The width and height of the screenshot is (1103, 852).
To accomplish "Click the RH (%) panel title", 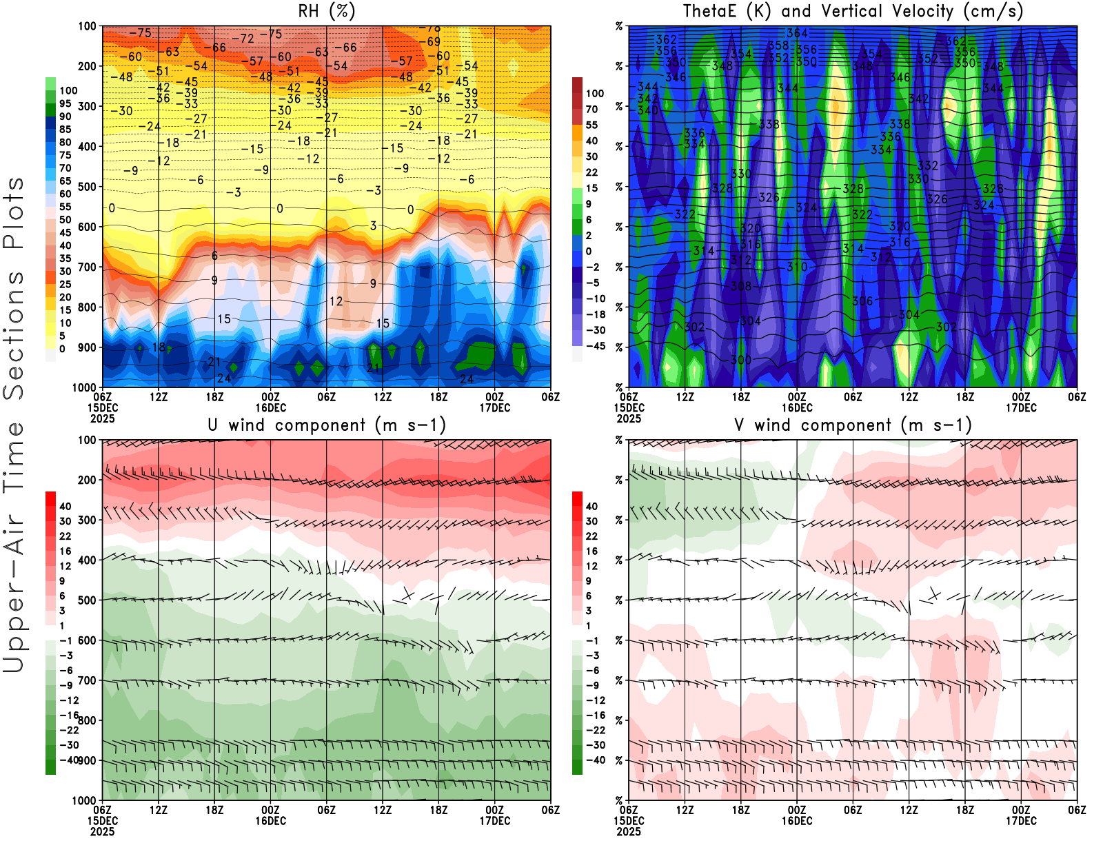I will click(327, 11).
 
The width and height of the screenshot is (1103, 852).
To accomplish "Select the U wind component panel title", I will click(327, 425).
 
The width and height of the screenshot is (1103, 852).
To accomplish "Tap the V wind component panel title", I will click(853, 425).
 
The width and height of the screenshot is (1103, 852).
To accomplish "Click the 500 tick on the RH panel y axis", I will click(88, 187).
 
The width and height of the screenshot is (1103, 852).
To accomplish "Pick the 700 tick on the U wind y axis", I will click(88, 681).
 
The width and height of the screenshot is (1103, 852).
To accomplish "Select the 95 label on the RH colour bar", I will click(65, 104).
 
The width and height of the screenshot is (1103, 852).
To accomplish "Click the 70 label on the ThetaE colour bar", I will click(591, 110).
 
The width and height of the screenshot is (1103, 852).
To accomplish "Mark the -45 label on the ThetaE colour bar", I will click(595, 346).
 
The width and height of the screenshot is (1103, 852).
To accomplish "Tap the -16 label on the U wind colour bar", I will click(69, 716).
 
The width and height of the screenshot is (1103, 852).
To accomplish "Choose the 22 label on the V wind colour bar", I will click(591, 536).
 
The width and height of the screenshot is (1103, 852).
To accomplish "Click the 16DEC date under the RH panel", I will click(271, 408).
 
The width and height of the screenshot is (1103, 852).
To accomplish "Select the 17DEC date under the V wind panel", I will click(1021, 821).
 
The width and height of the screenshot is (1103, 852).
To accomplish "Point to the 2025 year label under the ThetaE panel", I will click(629, 418).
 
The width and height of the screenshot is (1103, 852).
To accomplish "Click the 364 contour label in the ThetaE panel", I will click(797, 33).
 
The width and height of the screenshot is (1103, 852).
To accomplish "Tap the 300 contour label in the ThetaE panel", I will click(741, 360).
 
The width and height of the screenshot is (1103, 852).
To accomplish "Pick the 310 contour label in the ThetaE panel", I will click(797, 267).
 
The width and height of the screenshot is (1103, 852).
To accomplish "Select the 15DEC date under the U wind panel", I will click(103, 821).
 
